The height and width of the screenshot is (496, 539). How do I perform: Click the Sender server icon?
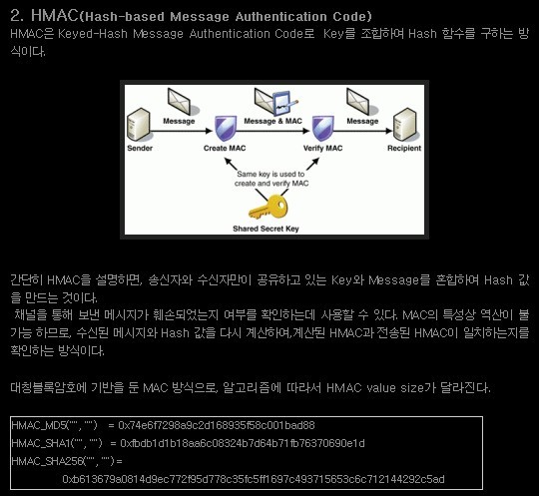point(139,125)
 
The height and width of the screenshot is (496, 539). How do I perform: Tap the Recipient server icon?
point(406,125)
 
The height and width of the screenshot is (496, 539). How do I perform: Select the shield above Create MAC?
point(226,129)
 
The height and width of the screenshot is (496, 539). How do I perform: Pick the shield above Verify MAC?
point(322,129)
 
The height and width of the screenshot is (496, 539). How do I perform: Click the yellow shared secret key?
point(269,207)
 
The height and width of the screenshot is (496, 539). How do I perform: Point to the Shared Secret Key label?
point(266,229)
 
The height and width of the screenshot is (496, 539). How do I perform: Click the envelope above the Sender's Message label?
point(180,102)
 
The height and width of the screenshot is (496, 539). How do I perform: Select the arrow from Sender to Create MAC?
point(182,131)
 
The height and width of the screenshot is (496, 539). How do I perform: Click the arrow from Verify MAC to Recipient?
point(362,131)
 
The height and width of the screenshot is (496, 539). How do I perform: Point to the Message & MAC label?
point(272,121)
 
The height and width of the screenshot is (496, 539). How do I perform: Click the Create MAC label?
point(225,148)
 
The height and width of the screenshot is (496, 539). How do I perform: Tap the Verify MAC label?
point(322,148)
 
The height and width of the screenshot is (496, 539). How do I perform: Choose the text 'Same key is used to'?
point(270,174)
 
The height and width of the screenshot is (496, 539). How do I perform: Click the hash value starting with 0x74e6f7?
point(217,425)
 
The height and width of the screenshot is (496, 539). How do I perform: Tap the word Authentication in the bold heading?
point(280,17)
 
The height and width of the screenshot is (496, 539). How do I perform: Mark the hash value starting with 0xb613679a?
point(254,479)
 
